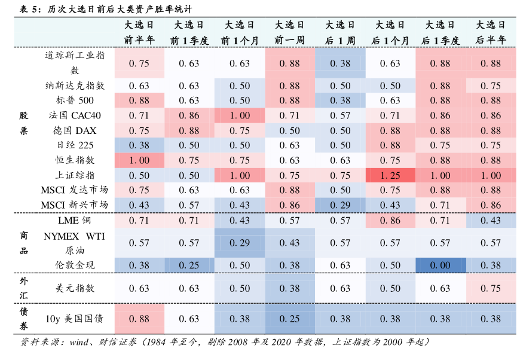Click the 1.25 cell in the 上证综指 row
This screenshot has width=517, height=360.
390,175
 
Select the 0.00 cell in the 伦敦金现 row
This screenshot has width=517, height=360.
440,265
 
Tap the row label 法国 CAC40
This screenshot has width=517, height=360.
75,115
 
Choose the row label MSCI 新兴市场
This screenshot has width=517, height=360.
75,205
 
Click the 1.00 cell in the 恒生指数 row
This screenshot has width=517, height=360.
139,160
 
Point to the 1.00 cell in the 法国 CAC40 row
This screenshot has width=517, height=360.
240,115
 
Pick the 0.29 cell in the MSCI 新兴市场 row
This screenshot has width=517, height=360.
340,205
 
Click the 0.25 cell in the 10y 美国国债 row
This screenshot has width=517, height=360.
290,319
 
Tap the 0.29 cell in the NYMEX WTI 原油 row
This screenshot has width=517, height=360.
240,243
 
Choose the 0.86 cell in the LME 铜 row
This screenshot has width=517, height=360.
390,221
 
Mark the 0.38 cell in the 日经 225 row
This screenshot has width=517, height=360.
139,145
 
